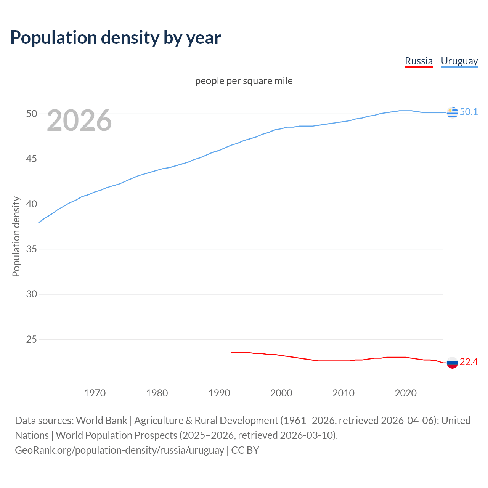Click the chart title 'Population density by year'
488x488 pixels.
[x=116, y=38]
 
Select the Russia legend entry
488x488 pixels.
[x=419, y=61]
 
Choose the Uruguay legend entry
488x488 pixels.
[x=459, y=61]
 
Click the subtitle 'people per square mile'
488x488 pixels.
[x=244, y=81]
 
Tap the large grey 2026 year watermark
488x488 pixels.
[x=79, y=120]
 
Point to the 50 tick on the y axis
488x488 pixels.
[x=32, y=114]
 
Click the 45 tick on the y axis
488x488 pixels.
[x=32, y=159]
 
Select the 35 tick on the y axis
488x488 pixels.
[x=32, y=249]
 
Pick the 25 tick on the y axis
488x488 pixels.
[x=32, y=339]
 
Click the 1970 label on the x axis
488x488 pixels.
[x=95, y=393]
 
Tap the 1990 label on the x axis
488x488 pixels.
[x=219, y=393]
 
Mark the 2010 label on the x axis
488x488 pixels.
[x=344, y=393]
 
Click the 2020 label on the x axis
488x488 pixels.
[x=406, y=393]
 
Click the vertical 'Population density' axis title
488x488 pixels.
[x=16, y=236]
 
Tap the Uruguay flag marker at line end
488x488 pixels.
[x=452, y=112]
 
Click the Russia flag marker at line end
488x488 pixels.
[x=452, y=363]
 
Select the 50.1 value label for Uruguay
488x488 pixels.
[x=469, y=112]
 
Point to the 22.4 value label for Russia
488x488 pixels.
[x=469, y=362]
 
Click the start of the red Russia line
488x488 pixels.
[x=232, y=353]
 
